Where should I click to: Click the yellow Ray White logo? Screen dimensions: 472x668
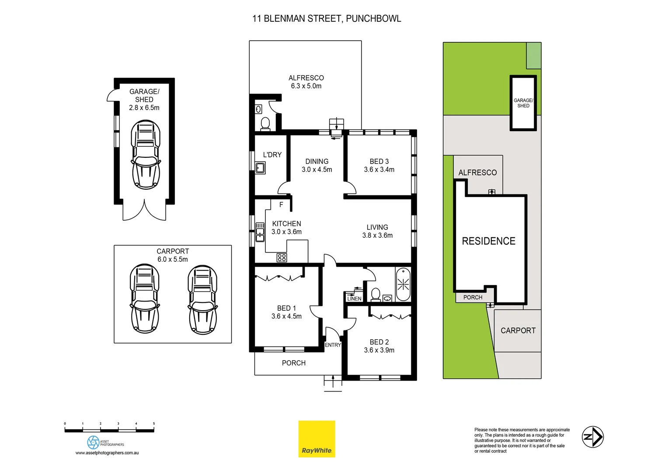coord(317,439)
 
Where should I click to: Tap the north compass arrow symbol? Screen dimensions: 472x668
coord(592,437)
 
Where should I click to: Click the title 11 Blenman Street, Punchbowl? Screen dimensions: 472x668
coord(327,18)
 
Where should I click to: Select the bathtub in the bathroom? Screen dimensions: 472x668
coord(403,285)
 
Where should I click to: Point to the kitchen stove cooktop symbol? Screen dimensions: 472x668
coord(282,257)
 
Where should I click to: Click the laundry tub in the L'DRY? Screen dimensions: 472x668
coord(260,168)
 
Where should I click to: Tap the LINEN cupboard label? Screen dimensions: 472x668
coord(354,298)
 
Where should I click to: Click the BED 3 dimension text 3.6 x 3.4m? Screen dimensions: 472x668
coord(379,170)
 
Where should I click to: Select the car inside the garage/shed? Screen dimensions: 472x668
coord(146,154)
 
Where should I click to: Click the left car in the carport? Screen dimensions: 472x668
coord(144,298)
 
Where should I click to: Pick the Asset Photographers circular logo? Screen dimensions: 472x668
coord(93,442)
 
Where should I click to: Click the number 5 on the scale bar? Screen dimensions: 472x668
coord(154,423)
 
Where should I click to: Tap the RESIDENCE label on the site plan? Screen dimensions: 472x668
coord(488,241)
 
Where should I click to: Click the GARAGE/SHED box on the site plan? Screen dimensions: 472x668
coord(523,103)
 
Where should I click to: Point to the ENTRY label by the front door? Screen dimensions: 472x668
coord(333,345)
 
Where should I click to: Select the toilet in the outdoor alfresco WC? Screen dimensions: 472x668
coord(265,123)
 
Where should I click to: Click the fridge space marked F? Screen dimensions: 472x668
coord(281,205)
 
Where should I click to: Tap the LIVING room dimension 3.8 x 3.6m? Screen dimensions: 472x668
coord(377,236)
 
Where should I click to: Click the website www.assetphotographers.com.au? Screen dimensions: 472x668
coord(107,453)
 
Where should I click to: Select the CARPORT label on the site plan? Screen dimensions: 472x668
coord(518,331)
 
